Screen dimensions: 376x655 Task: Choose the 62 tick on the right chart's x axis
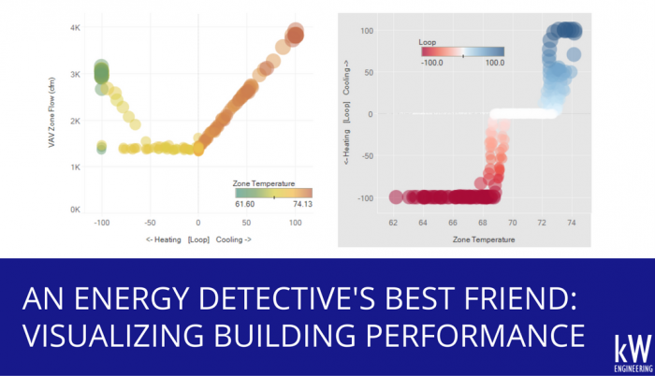click(x=394, y=224)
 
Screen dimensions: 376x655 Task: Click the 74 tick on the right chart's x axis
click(x=570, y=224)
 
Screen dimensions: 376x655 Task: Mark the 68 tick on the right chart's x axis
click(x=482, y=224)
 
